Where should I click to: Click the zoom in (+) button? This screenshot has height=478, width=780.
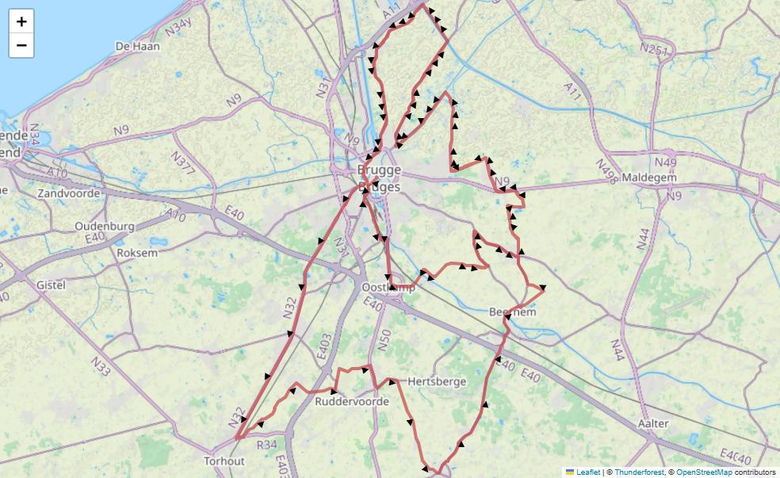21,21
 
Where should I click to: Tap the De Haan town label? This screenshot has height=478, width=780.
137,47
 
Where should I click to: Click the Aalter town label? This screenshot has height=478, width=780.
653,423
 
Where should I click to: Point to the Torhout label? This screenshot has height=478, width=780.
224,461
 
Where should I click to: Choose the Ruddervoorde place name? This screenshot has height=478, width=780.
352,402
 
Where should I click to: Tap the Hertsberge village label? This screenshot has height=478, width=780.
437,381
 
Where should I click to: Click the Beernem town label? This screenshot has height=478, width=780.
513,312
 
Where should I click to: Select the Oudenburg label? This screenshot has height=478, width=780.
105,226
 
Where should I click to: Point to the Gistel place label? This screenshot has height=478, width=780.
51,285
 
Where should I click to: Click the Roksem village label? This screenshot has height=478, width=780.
137,253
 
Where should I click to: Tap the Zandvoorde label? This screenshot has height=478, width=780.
69,193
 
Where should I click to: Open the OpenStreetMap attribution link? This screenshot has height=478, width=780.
704,472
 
